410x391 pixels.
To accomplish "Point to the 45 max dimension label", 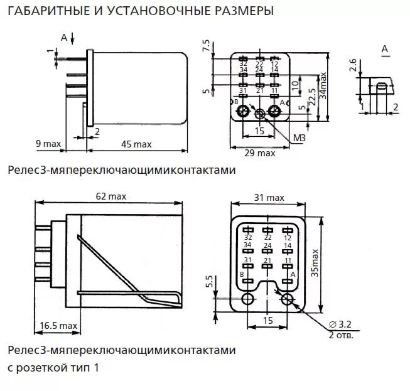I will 136,144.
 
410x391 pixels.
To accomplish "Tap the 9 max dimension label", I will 48,144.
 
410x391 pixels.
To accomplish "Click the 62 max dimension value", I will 111,196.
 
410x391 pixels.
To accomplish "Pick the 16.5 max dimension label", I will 58,325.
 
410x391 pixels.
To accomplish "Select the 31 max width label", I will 269,198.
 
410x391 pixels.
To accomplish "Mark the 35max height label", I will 315,264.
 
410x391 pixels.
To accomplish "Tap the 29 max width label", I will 260,153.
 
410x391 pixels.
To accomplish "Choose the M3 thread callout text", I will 299,137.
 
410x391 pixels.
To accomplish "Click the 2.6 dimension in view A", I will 353,64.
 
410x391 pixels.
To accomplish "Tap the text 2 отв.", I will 341,335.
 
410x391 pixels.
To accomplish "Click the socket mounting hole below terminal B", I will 249,299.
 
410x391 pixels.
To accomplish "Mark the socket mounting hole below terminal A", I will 288,299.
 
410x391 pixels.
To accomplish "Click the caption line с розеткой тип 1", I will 53,368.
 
